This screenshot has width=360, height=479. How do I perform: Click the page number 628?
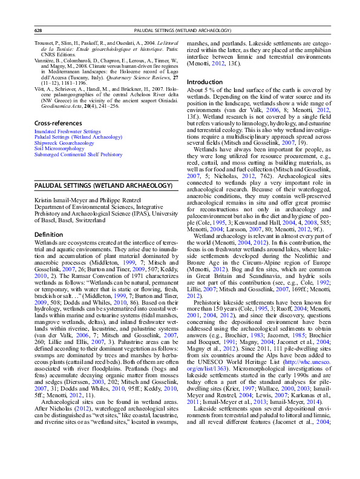pyautogui.click(x=38, y=30)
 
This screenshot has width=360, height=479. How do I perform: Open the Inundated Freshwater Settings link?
pyautogui.click(x=67, y=131)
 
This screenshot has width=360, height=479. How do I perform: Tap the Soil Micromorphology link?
pyautogui.click(x=57, y=148)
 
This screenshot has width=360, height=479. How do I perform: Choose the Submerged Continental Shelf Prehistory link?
pyautogui.click(x=78, y=154)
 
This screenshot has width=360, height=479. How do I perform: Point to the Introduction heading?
pyautogui.click(x=206, y=82)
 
